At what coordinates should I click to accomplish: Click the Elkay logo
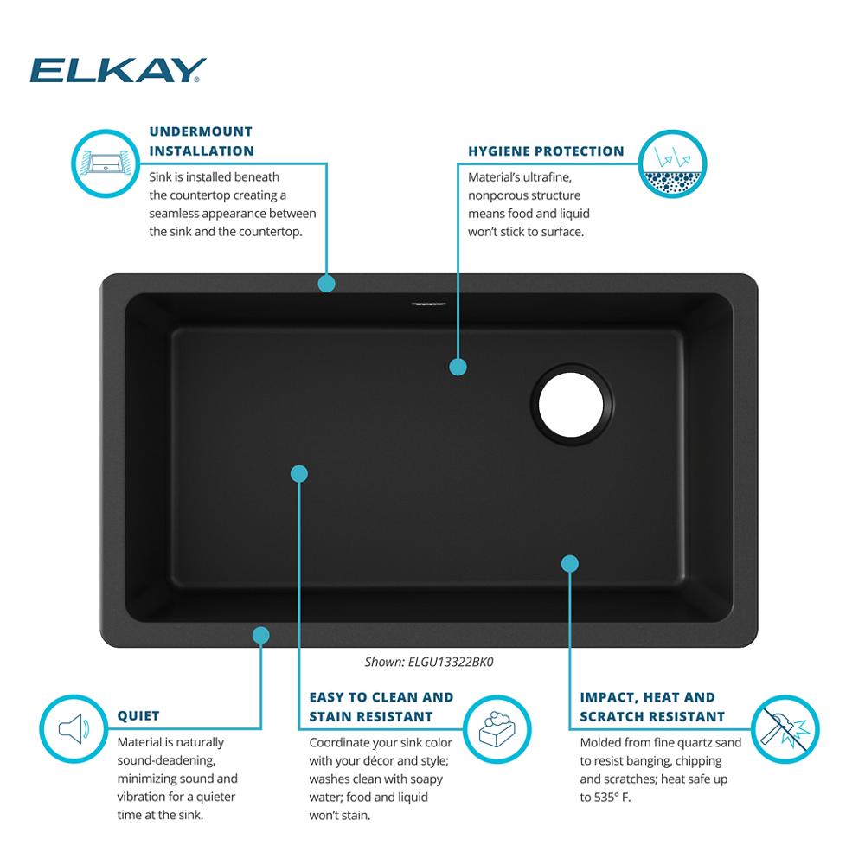point(118,70)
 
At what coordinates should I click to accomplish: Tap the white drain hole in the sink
point(571,404)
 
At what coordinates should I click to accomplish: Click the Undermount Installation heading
point(202,141)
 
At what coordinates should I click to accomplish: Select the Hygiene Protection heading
point(546,151)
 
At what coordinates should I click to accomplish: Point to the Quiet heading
point(138,716)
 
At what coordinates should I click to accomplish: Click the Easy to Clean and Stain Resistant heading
point(381,707)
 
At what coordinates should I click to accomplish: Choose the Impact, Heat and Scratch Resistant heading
point(652,707)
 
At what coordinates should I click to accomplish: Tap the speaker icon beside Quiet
point(74,728)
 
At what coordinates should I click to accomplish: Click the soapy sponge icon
point(497,729)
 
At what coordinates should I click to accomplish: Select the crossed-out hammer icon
point(785,729)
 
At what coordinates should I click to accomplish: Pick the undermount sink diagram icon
point(106,163)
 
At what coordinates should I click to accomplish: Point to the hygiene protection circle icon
point(672,163)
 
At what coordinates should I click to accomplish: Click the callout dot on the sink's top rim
point(327,284)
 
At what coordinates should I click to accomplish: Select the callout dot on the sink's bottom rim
point(261,635)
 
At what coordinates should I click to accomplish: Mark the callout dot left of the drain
point(458,367)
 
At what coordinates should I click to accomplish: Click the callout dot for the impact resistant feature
point(570,564)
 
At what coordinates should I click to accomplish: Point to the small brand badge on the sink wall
point(428,304)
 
